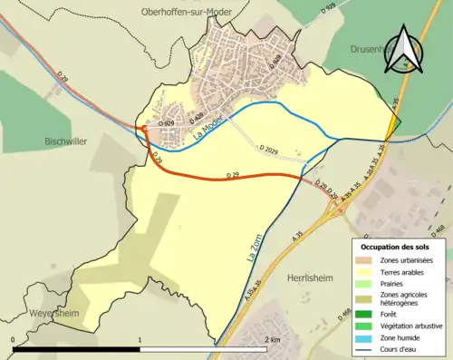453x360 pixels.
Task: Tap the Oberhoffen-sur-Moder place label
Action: pos(188,12)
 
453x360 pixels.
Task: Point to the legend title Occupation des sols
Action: pos(397,247)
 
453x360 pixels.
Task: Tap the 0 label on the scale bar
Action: pos(14,339)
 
